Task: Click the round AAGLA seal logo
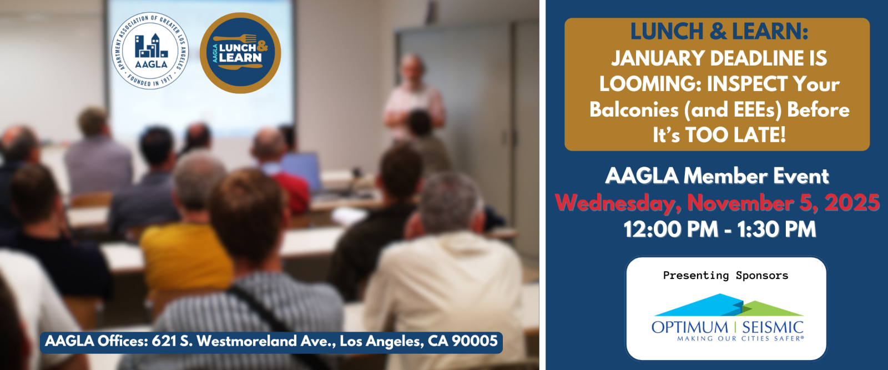click(150, 51)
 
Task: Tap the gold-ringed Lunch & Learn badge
click(240, 53)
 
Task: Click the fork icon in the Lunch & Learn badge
click(235, 38)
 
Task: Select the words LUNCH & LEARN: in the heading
click(719, 31)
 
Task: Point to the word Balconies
click(634, 109)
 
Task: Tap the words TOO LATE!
click(736, 135)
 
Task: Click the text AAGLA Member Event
click(717, 176)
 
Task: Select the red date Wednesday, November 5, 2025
click(717, 203)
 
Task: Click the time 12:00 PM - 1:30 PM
click(719, 229)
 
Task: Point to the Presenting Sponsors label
click(725, 275)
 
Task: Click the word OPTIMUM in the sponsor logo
click(690, 328)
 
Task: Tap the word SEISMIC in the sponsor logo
click(773, 328)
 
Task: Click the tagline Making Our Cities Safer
click(740, 339)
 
